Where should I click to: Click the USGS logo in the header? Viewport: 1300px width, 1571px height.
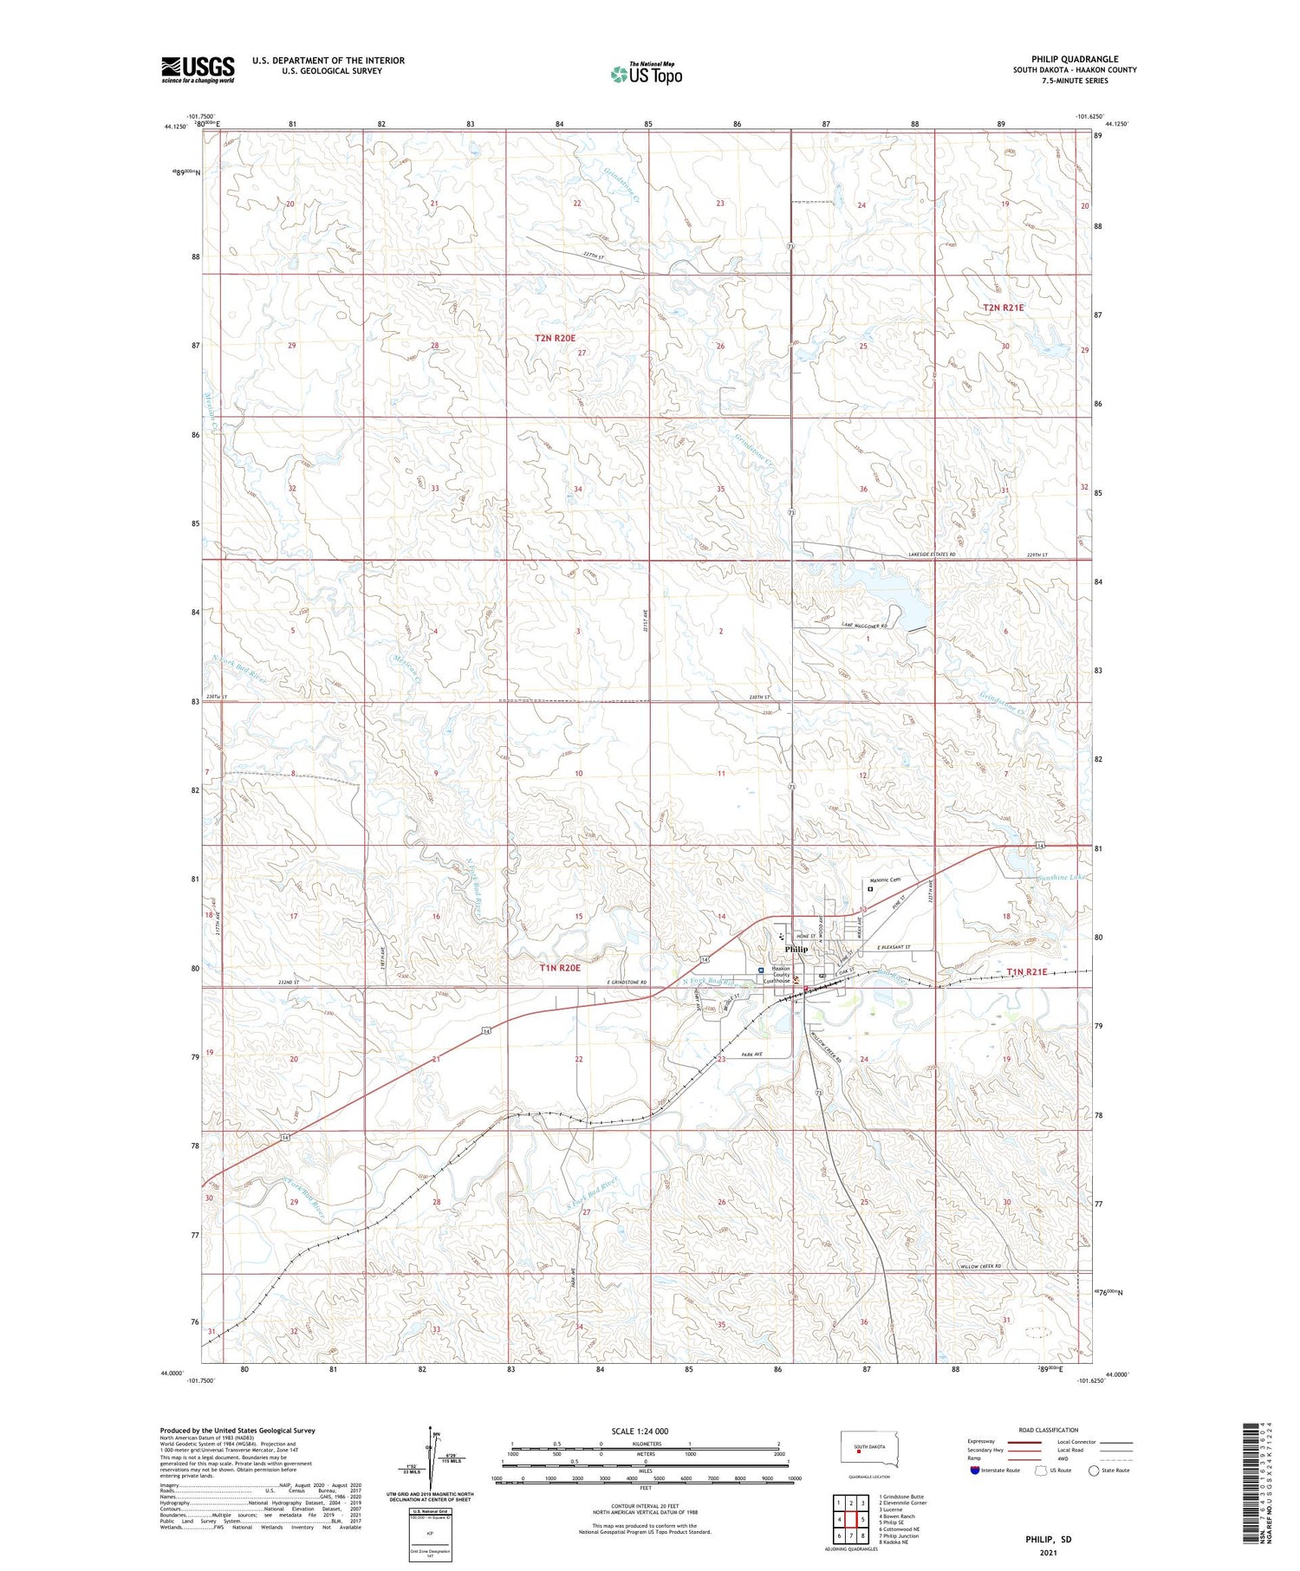tap(198, 69)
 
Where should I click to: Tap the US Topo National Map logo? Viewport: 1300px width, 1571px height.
tap(646, 74)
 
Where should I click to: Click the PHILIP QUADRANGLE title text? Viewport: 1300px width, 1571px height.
tap(1075, 59)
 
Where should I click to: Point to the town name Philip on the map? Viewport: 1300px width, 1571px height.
tap(796, 949)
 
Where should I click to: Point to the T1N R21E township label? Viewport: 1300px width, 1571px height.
tap(1027, 972)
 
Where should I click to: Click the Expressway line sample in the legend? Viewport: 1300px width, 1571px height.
tap(1028, 1442)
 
